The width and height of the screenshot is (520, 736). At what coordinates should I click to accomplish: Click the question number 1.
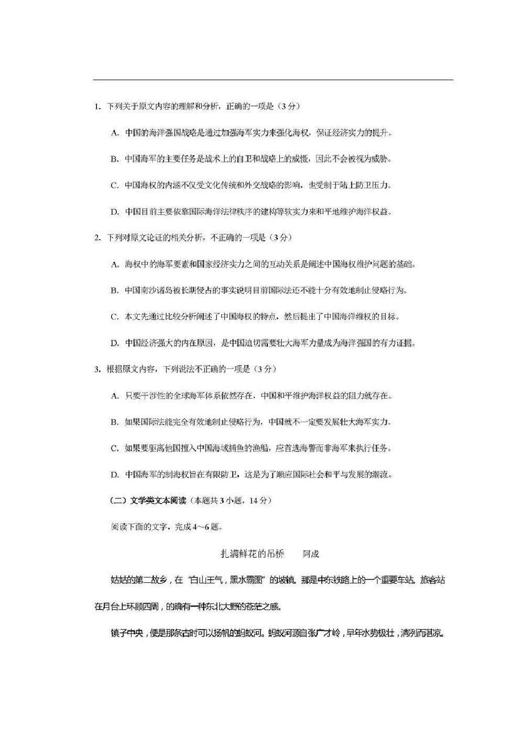(96, 106)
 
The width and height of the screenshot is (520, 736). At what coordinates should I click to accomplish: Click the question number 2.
(96, 238)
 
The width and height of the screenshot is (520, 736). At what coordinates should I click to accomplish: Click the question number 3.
(96, 369)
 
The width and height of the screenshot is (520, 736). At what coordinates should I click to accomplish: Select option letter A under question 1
(114, 133)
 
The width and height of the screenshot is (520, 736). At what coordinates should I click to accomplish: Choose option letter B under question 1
(114, 159)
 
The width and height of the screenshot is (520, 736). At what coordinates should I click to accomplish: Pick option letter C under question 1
(114, 185)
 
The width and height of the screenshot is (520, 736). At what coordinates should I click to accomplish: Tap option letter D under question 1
(114, 212)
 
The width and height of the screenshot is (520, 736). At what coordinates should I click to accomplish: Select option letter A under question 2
(114, 264)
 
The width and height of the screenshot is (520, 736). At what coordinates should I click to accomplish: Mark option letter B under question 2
(114, 291)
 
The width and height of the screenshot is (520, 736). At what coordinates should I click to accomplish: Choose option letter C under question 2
(114, 317)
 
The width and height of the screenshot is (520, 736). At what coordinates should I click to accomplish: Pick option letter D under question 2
(114, 344)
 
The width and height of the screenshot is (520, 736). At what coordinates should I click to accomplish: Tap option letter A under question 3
(114, 396)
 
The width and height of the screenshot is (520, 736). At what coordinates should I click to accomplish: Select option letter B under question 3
(114, 422)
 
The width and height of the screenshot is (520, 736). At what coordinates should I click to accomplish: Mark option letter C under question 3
(114, 449)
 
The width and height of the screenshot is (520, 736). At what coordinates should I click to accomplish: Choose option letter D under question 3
(114, 475)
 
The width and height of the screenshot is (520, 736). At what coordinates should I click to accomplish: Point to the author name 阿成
(311, 553)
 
